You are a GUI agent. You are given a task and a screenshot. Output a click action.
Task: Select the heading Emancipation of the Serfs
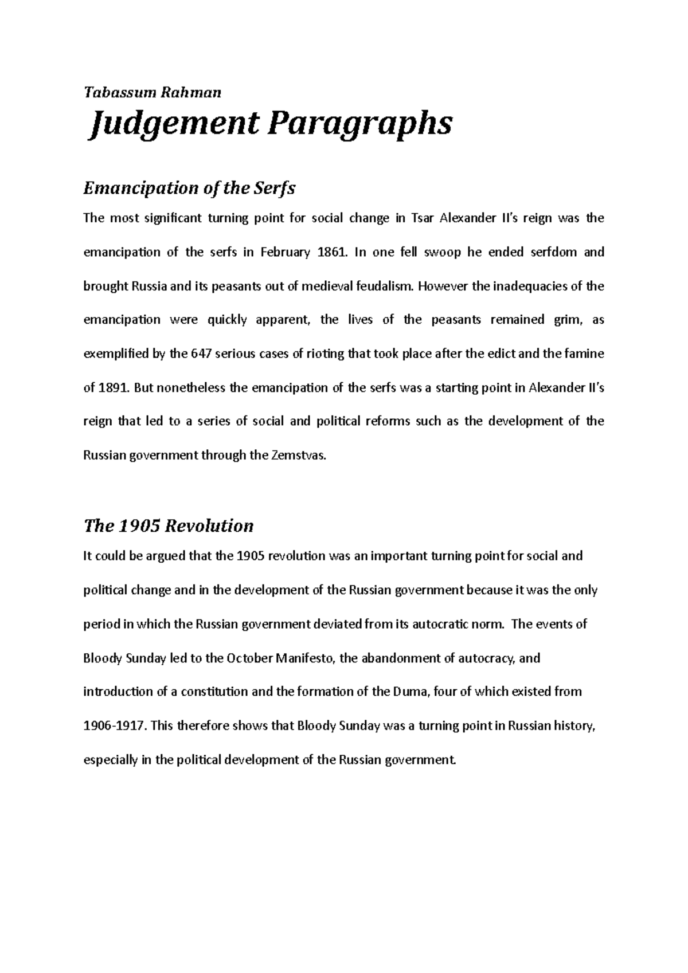click(x=189, y=188)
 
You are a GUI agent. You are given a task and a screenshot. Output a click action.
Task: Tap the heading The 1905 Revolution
click(x=168, y=525)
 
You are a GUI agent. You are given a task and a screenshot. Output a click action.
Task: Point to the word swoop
click(x=441, y=252)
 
